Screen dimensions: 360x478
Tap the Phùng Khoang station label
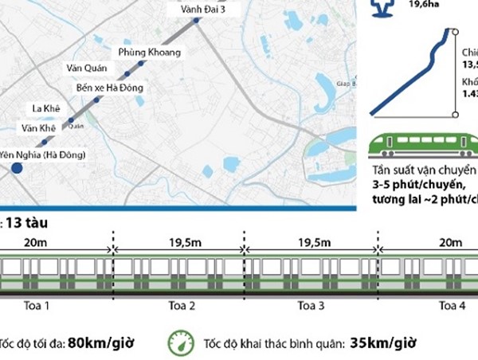(x=149, y=52)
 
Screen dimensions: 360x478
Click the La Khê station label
(x=45, y=108)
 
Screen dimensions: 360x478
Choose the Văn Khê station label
(x=37, y=127)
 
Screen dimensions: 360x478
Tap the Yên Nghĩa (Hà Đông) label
(x=42, y=154)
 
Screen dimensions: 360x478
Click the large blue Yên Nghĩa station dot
(x=17, y=169)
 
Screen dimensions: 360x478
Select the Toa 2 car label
(x=178, y=305)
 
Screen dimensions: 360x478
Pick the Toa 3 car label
(x=311, y=305)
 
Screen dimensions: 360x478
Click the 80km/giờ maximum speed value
(x=100, y=343)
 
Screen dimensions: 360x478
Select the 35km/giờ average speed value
(x=383, y=343)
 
